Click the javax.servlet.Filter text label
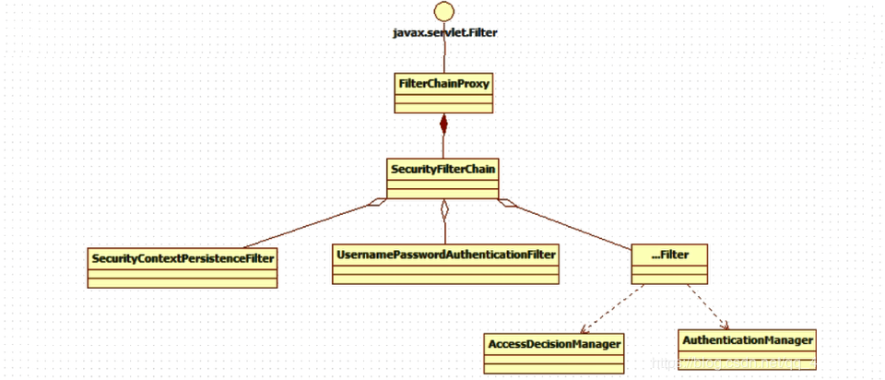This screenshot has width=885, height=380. pyautogui.click(x=443, y=32)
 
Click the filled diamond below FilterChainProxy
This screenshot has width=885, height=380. pyautogui.click(x=443, y=125)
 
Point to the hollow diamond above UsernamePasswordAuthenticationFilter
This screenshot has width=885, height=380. pyautogui.click(x=443, y=209)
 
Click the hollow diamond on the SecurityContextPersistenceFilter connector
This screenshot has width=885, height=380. pyautogui.click(x=378, y=202)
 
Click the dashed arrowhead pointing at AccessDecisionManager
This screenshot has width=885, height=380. pyautogui.click(x=584, y=329)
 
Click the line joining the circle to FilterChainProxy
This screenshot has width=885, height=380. pyautogui.click(x=443, y=55)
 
